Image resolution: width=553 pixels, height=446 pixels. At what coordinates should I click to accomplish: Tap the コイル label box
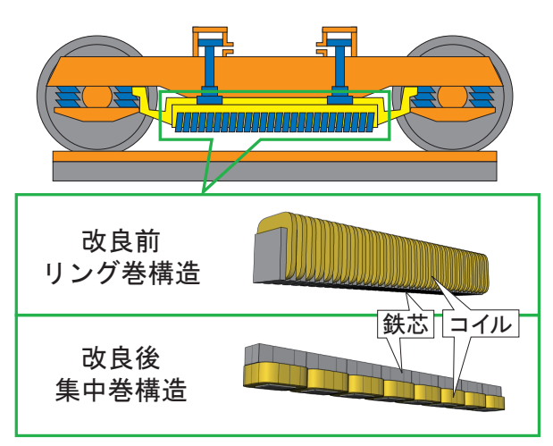(x=481, y=324)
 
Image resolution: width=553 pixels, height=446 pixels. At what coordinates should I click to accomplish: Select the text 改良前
(x=121, y=241)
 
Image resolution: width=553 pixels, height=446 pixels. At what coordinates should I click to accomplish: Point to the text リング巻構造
(x=122, y=273)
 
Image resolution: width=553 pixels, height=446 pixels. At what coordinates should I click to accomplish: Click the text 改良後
(x=121, y=358)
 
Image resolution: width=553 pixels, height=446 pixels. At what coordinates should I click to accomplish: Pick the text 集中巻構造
(x=121, y=390)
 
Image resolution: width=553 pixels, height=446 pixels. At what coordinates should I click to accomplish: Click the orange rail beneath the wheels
(x=275, y=156)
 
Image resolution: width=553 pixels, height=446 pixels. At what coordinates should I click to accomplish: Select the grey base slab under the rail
(x=275, y=172)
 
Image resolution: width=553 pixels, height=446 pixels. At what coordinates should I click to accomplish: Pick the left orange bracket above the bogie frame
(x=213, y=40)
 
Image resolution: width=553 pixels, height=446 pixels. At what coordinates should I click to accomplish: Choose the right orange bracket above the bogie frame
(x=337, y=40)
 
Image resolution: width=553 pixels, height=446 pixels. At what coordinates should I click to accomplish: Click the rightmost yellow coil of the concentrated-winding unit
(x=495, y=401)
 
